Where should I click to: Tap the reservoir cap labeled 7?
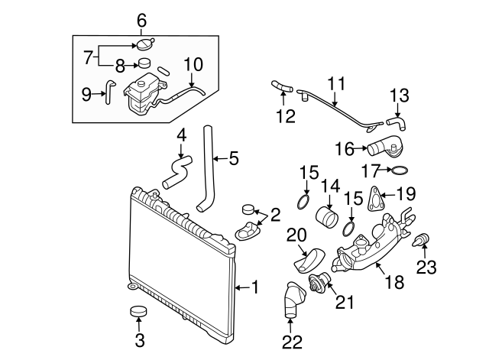(143, 42)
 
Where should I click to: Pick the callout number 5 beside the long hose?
(234, 158)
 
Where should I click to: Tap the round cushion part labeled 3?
(138, 313)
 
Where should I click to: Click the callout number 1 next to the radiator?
(255, 287)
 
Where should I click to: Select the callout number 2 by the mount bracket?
(274, 213)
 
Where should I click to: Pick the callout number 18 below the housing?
(393, 282)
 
